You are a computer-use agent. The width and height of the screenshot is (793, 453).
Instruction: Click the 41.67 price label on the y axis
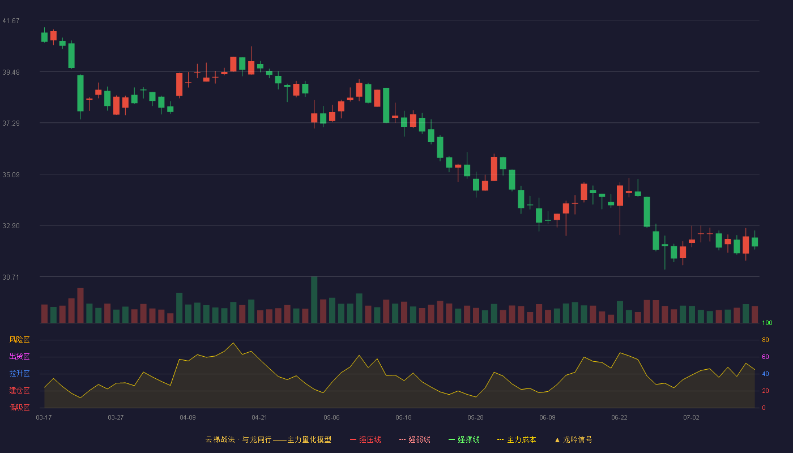pos(11,21)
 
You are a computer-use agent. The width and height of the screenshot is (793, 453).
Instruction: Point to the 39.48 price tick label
pos(11,72)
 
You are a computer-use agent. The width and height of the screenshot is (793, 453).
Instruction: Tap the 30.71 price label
pos(11,277)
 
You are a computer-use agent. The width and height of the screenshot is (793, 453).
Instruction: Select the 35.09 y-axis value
pos(11,175)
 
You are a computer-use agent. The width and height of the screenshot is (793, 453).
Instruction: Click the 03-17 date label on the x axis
pos(44,418)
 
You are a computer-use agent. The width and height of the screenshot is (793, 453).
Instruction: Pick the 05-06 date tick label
pos(331,418)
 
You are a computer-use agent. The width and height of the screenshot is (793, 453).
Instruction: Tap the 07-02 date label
pos(691,418)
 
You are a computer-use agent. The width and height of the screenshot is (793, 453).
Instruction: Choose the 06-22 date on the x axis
pos(619,418)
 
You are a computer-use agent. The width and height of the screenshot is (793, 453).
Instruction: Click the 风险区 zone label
pos(19,340)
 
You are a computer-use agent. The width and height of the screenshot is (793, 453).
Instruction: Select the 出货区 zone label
pos(19,356)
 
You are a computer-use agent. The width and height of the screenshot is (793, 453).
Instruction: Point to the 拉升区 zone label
pos(19,373)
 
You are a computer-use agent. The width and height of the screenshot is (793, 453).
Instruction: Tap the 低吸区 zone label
pos(19,408)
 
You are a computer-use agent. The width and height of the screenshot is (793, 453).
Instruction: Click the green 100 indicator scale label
pos(767,323)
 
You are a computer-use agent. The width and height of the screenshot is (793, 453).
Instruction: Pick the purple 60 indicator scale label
pos(765,357)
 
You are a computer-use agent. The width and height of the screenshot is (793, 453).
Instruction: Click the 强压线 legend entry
pos(365,439)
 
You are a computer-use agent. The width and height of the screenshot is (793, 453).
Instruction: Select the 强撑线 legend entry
pos(464,439)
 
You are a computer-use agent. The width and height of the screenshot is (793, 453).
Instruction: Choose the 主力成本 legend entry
pos(517,439)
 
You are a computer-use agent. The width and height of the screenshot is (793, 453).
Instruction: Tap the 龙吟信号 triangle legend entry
pos(573,439)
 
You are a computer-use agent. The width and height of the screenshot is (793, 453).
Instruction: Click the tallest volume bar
pos(314,300)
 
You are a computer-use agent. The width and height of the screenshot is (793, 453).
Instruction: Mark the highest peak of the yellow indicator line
pos(233,343)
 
